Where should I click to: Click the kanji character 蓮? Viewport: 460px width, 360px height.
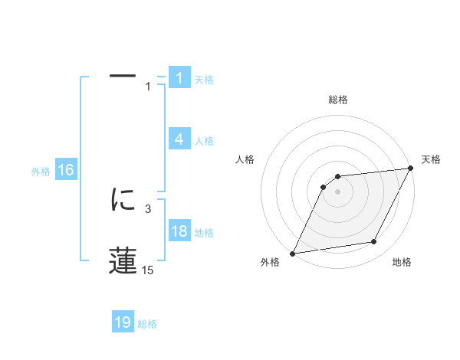point(123,260)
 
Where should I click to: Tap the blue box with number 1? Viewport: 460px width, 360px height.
point(179,77)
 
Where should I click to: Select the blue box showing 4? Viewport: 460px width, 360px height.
point(179,139)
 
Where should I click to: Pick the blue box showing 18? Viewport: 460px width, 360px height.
point(179,231)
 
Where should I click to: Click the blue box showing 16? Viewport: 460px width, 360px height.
point(66,170)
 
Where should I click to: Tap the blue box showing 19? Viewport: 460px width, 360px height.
point(123,322)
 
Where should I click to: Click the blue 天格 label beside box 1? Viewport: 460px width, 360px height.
point(204,80)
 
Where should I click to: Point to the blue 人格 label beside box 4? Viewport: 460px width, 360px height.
point(204,141)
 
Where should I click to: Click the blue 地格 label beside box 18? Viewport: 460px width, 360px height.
point(204,233)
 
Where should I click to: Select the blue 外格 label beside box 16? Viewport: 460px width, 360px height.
point(41,172)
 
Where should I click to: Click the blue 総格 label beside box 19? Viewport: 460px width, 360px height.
point(147,324)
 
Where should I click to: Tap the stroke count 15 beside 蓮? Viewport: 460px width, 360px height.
point(148,270)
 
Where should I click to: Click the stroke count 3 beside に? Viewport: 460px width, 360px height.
point(149,208)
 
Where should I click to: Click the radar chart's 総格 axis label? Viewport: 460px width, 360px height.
point(338,100)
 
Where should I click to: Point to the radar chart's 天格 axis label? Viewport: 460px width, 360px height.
point(431,159)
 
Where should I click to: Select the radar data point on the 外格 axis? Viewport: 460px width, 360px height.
point(292,254)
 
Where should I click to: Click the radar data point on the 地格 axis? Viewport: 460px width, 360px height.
point(374,242)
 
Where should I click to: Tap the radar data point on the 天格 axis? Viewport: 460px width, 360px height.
point(411,169)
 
